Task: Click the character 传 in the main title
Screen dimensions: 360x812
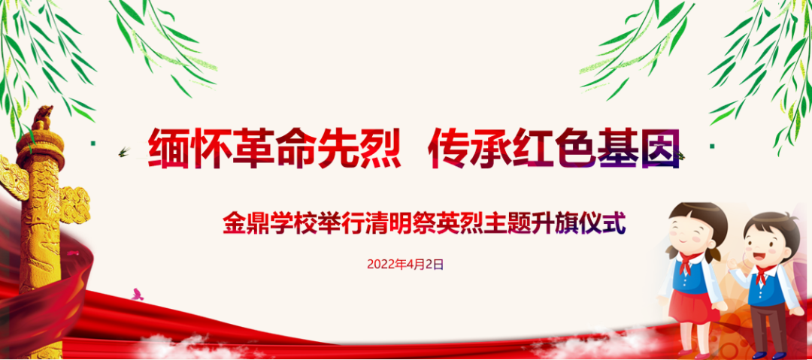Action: coord(448,147)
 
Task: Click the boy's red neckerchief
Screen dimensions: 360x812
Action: coord(763,274)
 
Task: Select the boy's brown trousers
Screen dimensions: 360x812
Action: coord(767,323)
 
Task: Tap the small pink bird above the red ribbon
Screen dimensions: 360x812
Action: coord(137,294)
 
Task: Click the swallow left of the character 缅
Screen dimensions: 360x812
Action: coord(123,153)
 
